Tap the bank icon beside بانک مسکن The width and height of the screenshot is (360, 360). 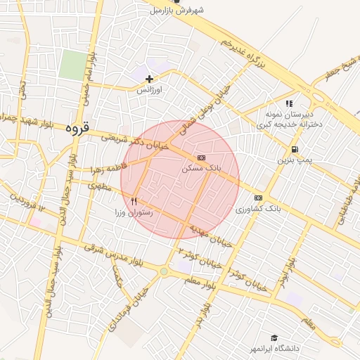(202, 157)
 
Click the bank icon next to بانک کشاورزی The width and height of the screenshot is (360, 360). (258, 198)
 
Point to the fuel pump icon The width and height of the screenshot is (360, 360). (293, 149)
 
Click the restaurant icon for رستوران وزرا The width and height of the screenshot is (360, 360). (134, 200)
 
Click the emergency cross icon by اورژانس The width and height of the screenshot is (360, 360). (149, 79)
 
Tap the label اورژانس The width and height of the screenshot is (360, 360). (149, 91)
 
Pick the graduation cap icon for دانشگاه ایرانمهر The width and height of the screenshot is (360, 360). (274, 338)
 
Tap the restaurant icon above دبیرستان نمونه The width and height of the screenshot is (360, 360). (289, 103)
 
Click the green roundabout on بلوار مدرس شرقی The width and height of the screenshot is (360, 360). (164, 271)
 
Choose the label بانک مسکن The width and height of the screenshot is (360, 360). (201, 169)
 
